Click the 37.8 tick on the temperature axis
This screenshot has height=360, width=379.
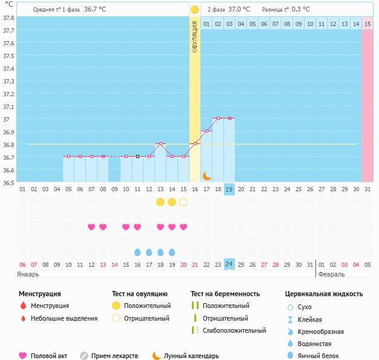(x=9, y=18)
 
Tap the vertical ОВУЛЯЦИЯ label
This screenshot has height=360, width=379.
(x=195, y=36)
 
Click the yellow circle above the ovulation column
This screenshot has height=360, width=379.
(x=195, y=10)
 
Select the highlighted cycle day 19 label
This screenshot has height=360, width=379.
(x=229, y=189)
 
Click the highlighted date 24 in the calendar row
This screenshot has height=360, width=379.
(x=229, y=264)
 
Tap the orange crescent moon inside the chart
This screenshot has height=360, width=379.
(x=206, y=175)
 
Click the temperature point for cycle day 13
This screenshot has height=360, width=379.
(x=160, y=143)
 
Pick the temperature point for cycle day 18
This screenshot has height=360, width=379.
(x=218, y=118)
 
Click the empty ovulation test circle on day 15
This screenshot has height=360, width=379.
(x=183, y=202)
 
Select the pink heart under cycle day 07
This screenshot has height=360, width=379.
(x=91, y=227)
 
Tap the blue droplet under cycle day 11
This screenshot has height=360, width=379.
(x=137, y=252)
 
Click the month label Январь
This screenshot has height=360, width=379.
(x=28, y=274)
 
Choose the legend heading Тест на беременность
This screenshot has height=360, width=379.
(x=225, y=293)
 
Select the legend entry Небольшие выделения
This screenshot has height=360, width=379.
(x=64, y=318)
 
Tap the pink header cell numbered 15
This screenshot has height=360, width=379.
(x=367, y=24)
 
